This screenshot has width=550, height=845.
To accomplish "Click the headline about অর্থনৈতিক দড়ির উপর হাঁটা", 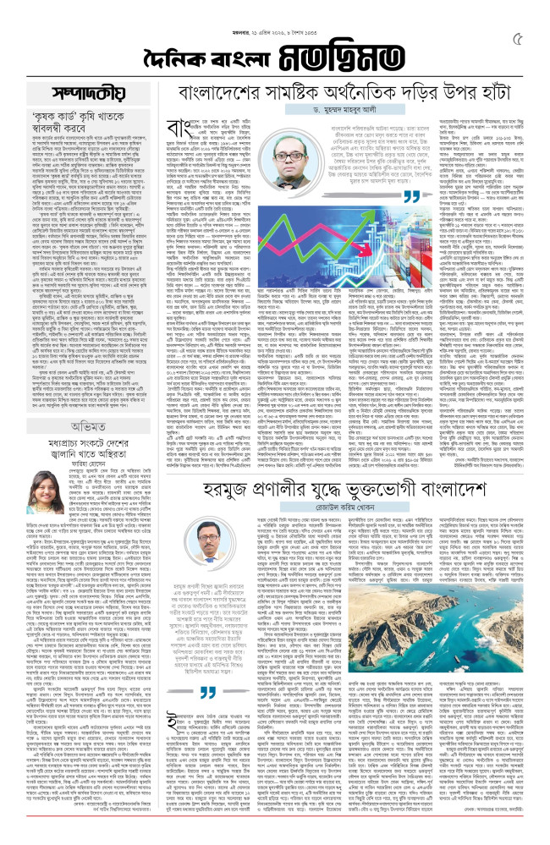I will pos(339,91).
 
